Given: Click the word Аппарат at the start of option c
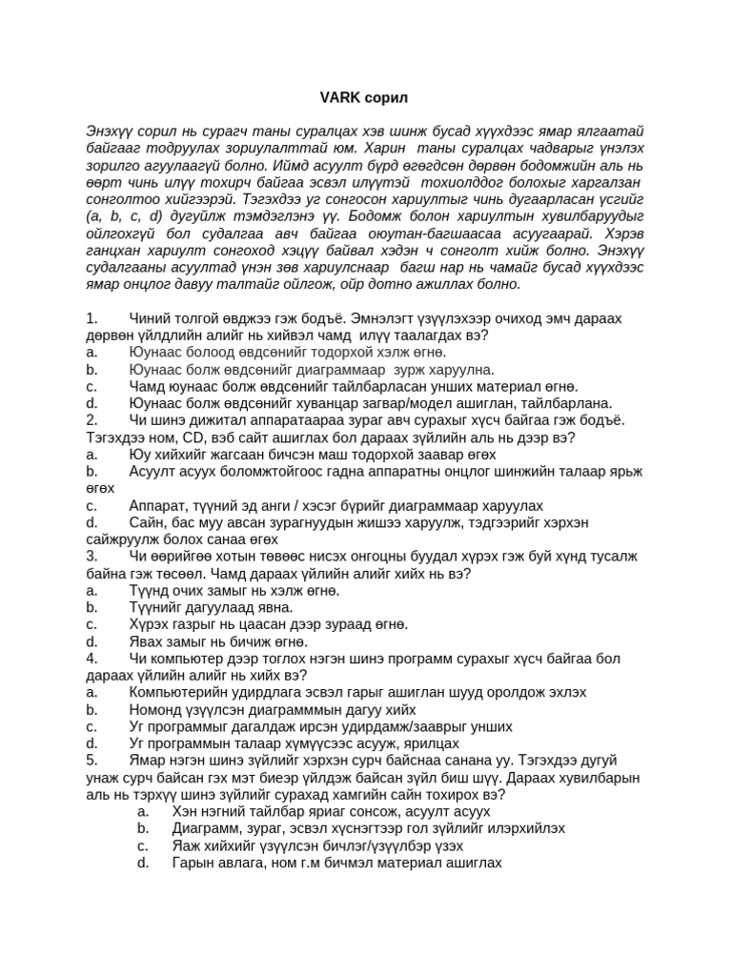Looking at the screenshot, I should (158, 505).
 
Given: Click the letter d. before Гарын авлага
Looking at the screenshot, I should (143, 863).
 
